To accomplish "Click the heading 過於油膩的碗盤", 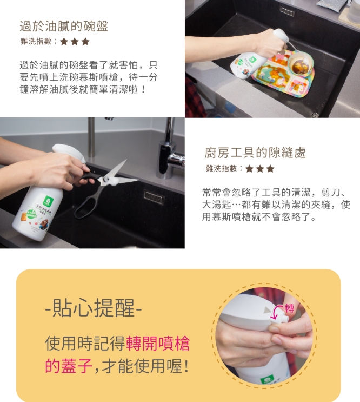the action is (64, 27).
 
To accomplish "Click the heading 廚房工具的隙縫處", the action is (255, 153).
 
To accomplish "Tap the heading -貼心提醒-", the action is (94, 308).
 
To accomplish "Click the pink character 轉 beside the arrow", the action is (289, 308).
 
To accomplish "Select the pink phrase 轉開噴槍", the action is (158, 343).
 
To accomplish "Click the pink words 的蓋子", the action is (69, 366).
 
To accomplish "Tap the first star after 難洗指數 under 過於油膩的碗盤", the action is (64, 42).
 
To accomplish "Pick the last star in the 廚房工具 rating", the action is (270, 169).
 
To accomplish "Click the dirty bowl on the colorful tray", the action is (301, 63).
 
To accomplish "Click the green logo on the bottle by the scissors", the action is (48, 200).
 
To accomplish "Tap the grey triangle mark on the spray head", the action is (267, 310).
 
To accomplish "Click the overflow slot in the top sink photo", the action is (287, 11).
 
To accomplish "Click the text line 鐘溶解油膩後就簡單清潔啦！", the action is (83, 89).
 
